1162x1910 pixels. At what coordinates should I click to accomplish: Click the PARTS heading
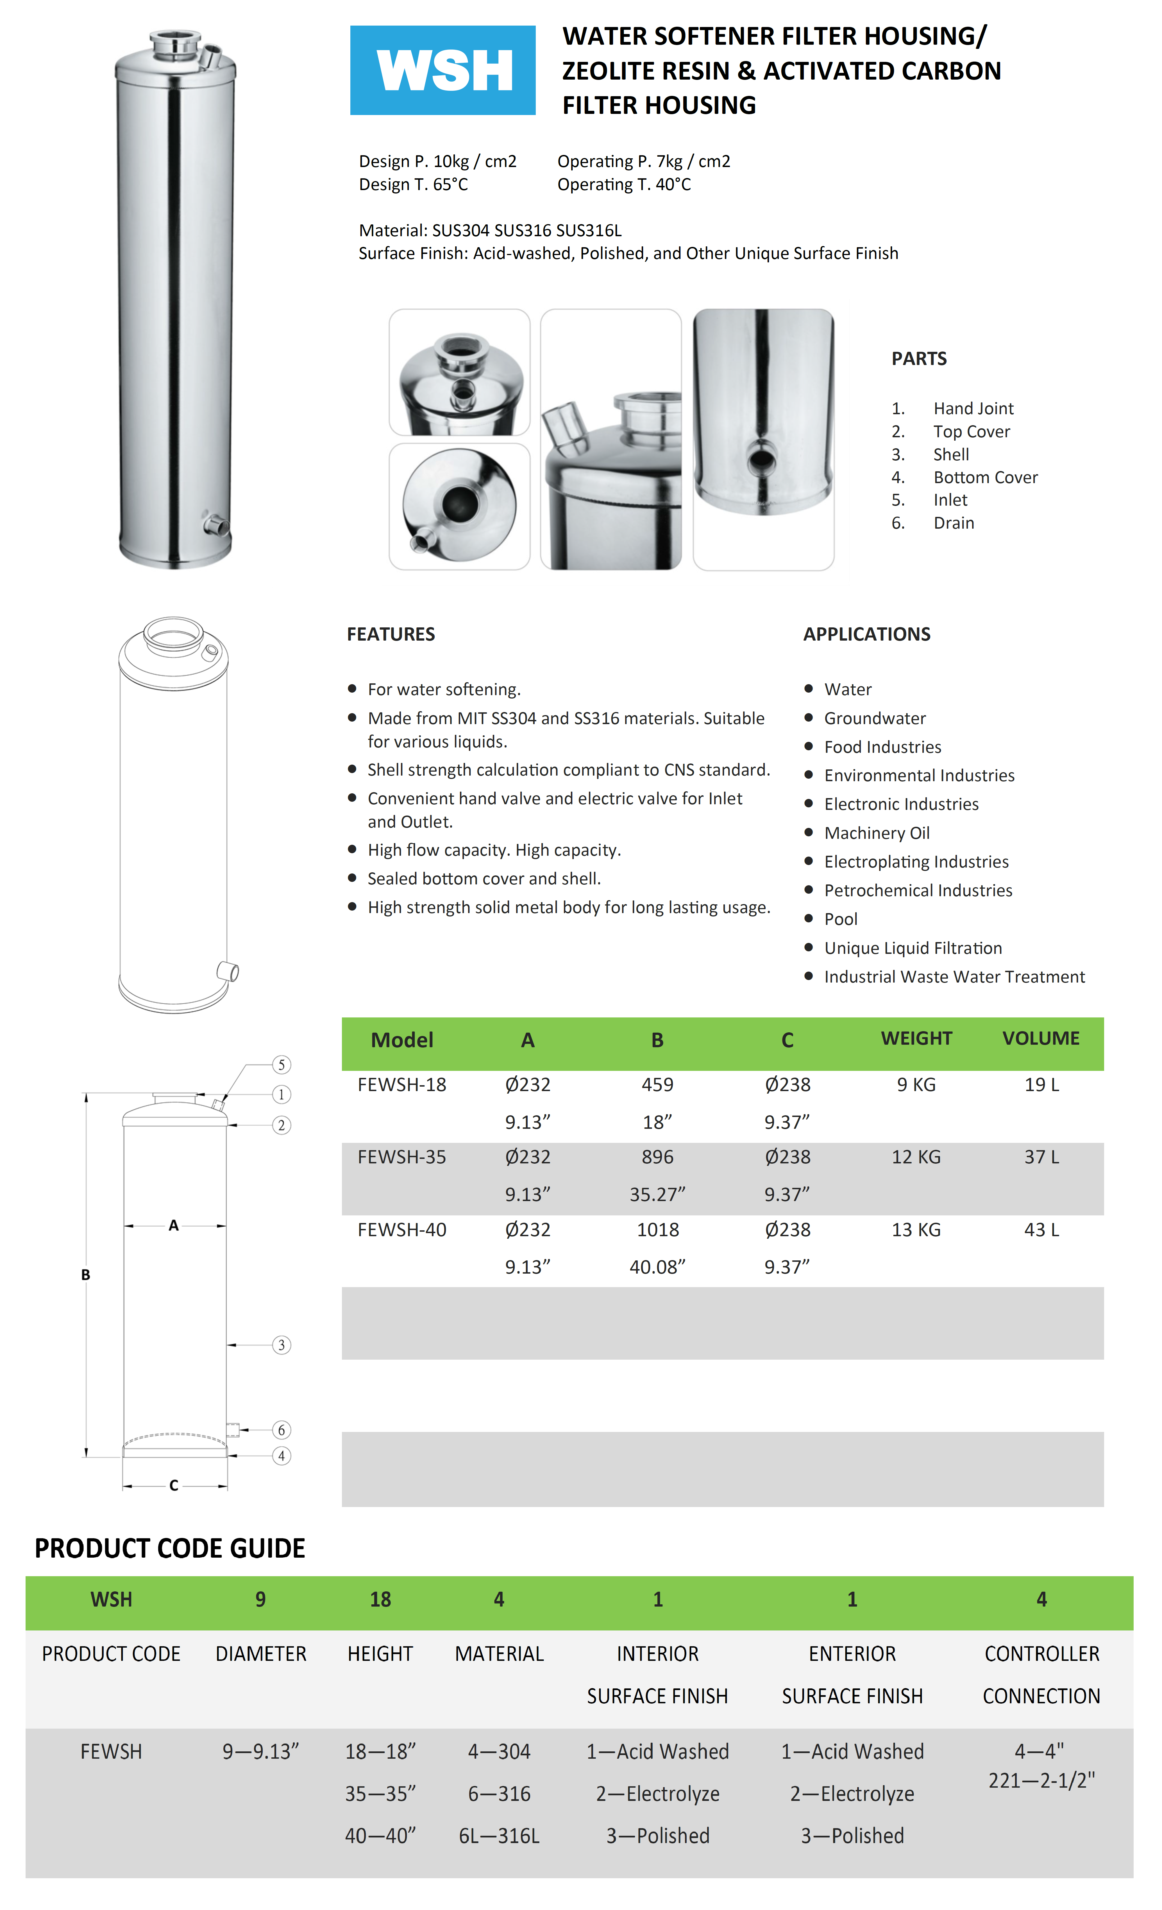(919, 358)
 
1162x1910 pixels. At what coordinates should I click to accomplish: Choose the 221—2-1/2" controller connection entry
(1041, 1781)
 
